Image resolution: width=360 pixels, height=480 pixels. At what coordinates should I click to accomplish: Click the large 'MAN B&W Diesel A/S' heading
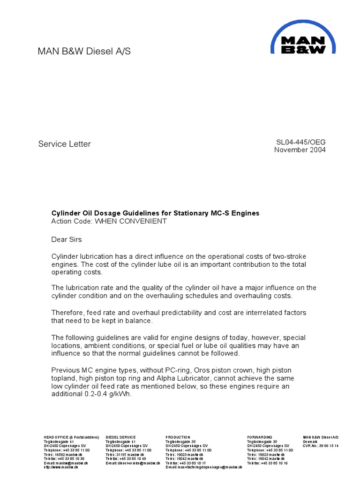pos(84,52)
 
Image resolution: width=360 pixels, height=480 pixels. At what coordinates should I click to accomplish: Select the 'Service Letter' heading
pos(64,144)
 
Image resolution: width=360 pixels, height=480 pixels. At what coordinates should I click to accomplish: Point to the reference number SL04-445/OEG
pos(301,142)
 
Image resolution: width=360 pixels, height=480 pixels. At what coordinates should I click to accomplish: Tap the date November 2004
pos(300,150)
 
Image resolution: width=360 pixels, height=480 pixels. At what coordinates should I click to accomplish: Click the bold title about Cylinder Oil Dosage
pos(155,213)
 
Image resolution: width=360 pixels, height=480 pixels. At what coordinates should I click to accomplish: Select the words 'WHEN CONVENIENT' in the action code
pos(131,221)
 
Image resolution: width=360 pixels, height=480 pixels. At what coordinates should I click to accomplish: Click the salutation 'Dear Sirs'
pos(66,240)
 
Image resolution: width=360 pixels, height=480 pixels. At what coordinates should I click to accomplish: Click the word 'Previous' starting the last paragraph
pos(66,370)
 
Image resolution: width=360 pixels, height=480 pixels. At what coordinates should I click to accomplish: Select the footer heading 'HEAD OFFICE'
pos(57,437)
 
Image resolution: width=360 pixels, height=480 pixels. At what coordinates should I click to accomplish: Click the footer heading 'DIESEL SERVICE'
pos(120,437)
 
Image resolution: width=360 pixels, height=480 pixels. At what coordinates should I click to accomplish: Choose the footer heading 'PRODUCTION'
pos(178,437)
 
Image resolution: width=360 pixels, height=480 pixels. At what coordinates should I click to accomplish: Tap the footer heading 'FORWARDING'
pos(259,437)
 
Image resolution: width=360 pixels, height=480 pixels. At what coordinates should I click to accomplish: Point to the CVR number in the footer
pos(321,446)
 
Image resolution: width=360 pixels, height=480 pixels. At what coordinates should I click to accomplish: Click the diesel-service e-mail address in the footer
pos(133,463)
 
